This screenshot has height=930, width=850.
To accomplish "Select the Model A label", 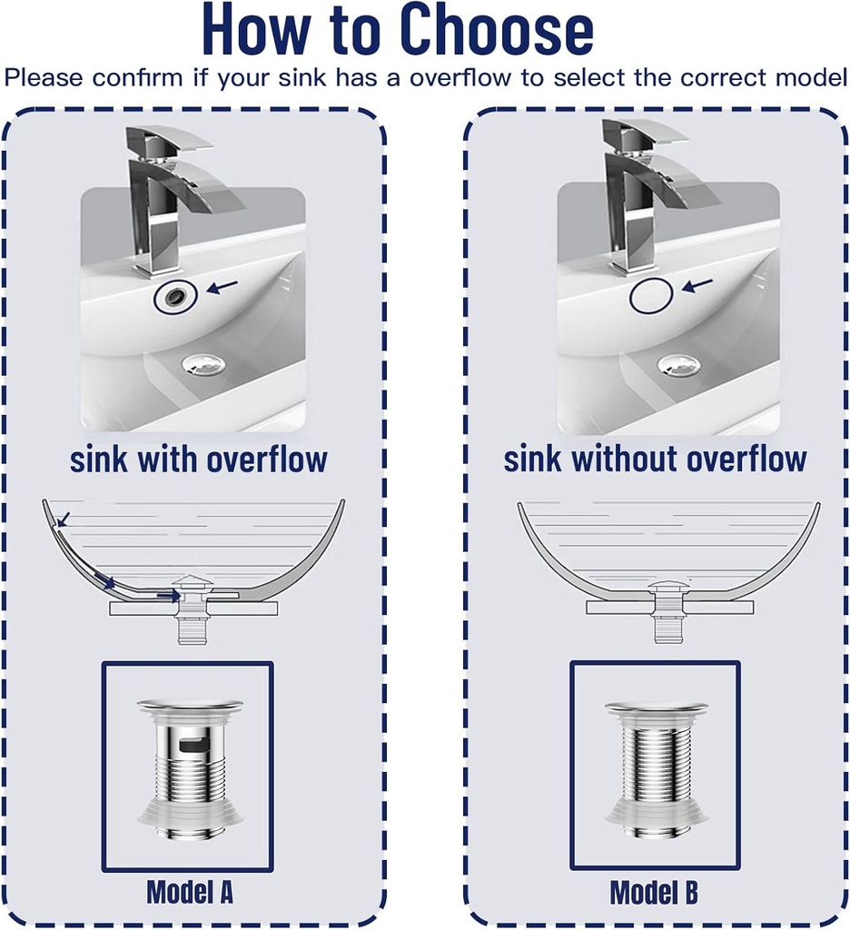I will coord(190,891).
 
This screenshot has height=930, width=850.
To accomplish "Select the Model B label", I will coord(654,892).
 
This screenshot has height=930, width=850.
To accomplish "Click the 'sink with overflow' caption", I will coord(198,459).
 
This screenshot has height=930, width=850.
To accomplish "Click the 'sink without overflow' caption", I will coord(655,459).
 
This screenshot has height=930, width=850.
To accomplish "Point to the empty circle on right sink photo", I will coord(651,296).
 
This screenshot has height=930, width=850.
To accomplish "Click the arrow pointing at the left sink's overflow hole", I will coord(222,287).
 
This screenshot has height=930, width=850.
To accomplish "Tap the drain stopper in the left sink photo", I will coord(203,364).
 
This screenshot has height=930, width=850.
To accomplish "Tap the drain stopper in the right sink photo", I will coord(678,365).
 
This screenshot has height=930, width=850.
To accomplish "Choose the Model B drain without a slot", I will coord(656,767).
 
